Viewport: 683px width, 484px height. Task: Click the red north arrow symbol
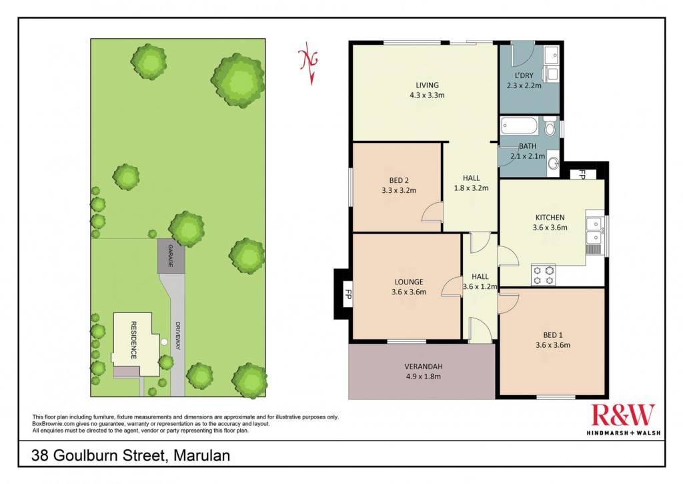click(309, 63)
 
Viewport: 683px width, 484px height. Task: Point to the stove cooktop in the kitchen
click(543, 274)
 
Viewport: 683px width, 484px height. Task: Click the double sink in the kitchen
click(593, 230)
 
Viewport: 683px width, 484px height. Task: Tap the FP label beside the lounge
click(348, 294)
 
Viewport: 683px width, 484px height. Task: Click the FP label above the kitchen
click(582, 174)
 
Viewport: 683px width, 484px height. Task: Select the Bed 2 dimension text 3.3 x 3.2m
click(399, 190)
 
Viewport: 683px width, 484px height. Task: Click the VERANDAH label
click(424, 367)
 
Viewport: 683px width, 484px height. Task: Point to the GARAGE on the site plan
click(171, 256)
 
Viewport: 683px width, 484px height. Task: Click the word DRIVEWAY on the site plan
click(177, 335)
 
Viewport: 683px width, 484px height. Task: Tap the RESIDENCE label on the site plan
click(133, 340)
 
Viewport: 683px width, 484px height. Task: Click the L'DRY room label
click(524, 75)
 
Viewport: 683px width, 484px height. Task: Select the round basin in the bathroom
click(553, 164)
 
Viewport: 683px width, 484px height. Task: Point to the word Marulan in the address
click(201, 456)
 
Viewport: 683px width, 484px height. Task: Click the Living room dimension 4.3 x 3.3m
click(427, 95)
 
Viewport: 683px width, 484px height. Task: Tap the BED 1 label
click(553, 335)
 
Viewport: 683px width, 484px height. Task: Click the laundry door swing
click(523, 52)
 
